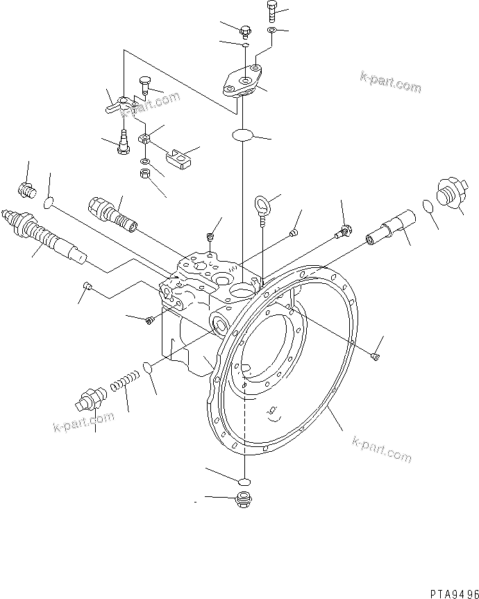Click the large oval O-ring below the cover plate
(242, 134)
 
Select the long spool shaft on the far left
(43, 234)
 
